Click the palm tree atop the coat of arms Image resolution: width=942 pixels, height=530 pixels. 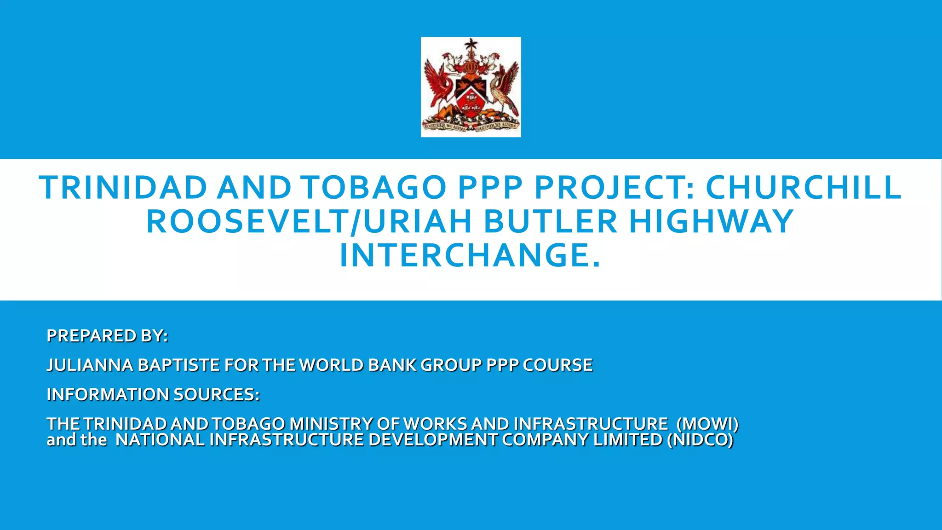pos(471,46)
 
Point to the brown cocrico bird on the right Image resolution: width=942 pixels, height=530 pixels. pos(504,87)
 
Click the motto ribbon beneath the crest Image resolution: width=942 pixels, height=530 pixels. pos(471,126)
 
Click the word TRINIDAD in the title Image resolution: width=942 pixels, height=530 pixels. pos(123,188)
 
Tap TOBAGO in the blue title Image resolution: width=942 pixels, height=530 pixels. pos(374,188)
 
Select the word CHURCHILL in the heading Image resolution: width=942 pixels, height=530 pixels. pos(804,188)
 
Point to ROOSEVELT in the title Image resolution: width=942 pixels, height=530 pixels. pos(246,222)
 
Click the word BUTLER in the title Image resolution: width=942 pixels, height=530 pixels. pos(550,222)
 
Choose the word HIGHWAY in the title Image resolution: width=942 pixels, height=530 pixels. pos(712,222)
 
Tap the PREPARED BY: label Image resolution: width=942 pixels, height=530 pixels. pos(107,336)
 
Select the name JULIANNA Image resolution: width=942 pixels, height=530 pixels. pos(90,365)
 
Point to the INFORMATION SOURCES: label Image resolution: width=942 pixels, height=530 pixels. pos(153,395)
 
